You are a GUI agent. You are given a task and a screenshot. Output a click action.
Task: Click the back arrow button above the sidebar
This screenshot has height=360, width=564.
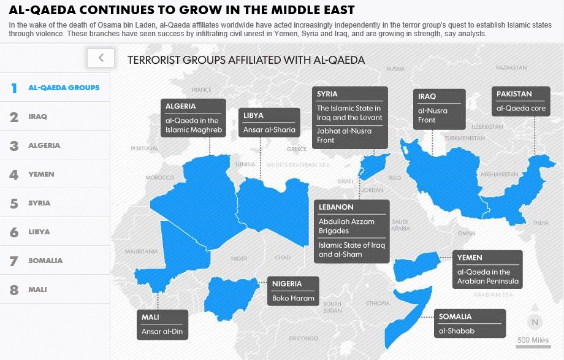(101, 58)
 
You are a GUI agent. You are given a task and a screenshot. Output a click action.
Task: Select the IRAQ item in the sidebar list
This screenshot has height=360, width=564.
(37, 117)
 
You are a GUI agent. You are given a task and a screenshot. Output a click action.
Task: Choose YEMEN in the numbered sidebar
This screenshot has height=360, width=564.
(41, 174)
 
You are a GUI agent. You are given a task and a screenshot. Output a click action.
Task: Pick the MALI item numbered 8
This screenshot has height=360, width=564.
(37, 289)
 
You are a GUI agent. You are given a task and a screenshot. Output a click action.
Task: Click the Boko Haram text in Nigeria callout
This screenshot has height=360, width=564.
(293, 299)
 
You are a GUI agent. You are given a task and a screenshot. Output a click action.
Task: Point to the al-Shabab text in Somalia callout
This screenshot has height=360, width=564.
(457, 331)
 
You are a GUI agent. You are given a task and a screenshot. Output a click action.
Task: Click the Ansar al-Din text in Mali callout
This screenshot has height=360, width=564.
(162, 332)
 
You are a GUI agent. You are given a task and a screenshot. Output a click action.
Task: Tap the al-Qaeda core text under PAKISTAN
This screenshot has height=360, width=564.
(520, 109)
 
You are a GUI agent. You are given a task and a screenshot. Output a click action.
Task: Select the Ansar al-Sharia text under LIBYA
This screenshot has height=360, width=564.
(269, 129)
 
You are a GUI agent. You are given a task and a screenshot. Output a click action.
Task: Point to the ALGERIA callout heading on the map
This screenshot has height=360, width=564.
(181, 106)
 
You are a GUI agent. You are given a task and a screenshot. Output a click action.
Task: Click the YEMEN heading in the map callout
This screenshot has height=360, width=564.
(470, 258)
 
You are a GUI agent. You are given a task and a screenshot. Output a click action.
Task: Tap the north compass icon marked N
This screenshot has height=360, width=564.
(535, 322)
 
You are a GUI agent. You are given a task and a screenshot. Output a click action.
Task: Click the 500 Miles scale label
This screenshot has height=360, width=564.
(533, 341)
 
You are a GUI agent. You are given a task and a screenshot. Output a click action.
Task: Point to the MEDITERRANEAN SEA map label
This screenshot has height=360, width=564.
(298, 165)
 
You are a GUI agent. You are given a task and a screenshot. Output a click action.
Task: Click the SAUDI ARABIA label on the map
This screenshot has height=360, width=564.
(400, 225)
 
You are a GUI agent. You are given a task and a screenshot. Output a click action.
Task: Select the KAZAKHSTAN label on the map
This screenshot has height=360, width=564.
(511, 67)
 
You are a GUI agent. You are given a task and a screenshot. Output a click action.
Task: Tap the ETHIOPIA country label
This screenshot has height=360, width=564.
(378, 303)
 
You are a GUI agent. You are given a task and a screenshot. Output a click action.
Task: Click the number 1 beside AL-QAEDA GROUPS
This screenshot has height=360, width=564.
(13, 88)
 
